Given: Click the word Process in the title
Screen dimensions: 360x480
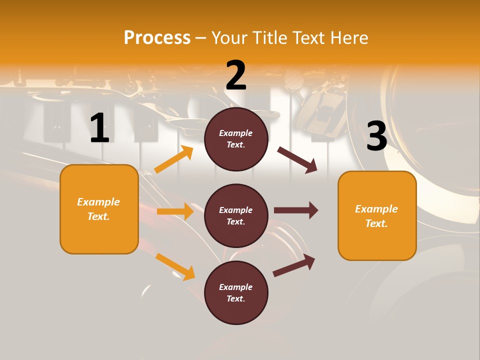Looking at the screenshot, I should pyautogui.click(x=157, y=37).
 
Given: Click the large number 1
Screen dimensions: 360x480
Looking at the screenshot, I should pyautogui.click(x=99, y=128).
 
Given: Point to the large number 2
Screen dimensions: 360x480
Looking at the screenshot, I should pyautogui.click(x=236, y=75).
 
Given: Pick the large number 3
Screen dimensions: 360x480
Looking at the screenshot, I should pyautogui.click(x=376, y=136).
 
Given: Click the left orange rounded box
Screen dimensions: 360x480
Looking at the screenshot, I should pyautogui.click(x=99, y=209).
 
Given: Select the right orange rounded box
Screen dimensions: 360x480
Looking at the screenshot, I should pyautogui.click(x=377, y=216).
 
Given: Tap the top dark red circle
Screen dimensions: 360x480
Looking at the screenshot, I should pyautogui.click(x=236, y=139).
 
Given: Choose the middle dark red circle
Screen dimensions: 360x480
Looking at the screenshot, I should pyautogui.click(x=236, y=216).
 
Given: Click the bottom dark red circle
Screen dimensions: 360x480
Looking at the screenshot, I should pyautogui.click(x=236, y=293).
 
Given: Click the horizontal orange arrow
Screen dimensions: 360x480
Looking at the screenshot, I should pyautogui.click(x=175, y=211).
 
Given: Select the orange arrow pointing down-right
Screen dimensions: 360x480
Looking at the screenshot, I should pyautogui.click(x=175, y=266).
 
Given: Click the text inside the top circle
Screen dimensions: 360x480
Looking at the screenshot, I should pyautogui.click(x=236, y=139).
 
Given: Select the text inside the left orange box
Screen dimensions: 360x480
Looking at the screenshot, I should pyautogui.click(x=98, y=209).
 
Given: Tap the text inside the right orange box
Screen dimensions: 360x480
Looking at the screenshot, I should pyautogui.click(x=376, y=216).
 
